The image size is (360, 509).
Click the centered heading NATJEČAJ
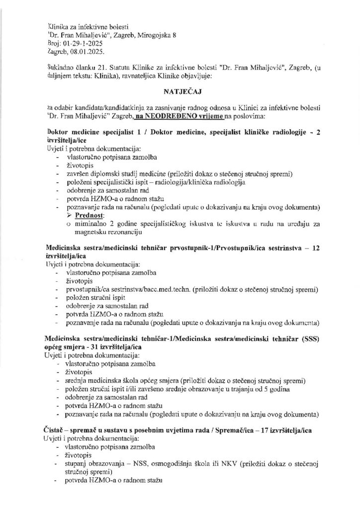(180, 92)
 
